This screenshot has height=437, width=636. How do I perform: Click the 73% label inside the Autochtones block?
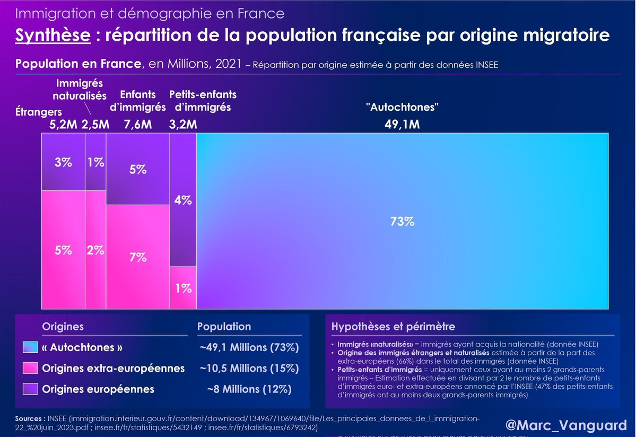click(x=402, y=222)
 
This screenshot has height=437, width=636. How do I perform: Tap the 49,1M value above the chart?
click(x=402, y=125)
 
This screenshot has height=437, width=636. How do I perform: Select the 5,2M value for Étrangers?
click(x=63, y=125)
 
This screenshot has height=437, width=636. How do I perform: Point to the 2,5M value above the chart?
click(x=95, y=125)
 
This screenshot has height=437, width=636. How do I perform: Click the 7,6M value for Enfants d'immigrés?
click(x=137, y=125)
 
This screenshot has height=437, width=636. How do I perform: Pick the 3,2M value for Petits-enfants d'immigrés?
click(x=183, y=125)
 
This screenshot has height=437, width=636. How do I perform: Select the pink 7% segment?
click(x=137, y=258)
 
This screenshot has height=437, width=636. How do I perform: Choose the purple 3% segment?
click(x=63, y=162)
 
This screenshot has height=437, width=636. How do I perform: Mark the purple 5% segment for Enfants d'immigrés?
click(x=137, y=170)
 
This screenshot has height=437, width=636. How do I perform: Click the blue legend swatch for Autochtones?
click(x=31, y=347)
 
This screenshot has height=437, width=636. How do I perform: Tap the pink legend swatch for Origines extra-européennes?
click(x=31, y=368)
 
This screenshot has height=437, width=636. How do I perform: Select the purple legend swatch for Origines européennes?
click(x=31, y=389)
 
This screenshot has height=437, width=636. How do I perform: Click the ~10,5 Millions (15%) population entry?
click(x=249, y=368)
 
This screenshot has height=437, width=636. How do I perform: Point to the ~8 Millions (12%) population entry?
click(x=249, y=389)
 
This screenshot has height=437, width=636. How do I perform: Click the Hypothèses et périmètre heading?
click(x=393, y=327)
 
